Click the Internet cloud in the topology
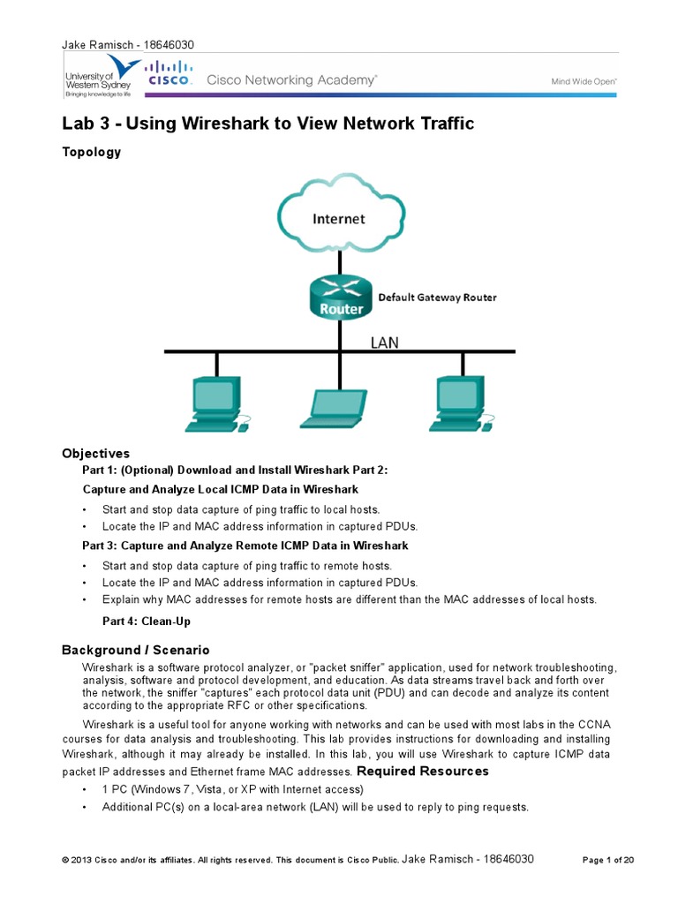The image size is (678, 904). click(339, 217)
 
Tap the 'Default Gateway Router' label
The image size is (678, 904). click(437, 298)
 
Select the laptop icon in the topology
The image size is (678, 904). click(335, 409)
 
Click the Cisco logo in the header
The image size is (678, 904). click(169, 73)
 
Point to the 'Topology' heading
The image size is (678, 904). click(91, 152)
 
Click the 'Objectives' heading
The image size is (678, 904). click(95, 453)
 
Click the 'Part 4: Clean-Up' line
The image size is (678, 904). click(147, 621)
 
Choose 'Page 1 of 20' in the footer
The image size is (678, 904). click(609, 859)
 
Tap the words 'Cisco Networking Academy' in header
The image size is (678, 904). click(291, 80)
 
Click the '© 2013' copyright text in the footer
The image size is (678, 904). click(78, 860)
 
